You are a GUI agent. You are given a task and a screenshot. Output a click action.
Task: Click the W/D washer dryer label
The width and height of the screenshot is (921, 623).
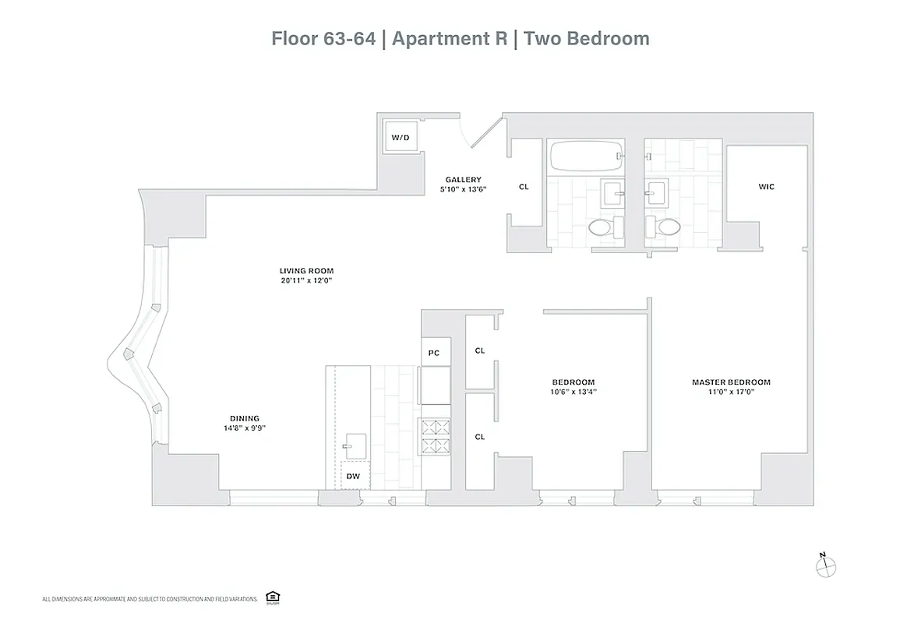pyautogui.click(x=400, y=138)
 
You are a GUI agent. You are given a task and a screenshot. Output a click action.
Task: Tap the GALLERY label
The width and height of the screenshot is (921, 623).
pyautogui.click(x=463, y=179)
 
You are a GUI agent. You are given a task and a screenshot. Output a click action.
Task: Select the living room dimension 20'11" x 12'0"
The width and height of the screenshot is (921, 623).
pyautogui.click(x=306, y=280)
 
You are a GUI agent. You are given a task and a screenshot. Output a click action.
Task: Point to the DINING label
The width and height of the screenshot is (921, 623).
pyautogui.click(x=244, y=418)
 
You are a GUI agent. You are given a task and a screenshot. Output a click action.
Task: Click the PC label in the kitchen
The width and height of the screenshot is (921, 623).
pyautogui.click(x=434, y=353)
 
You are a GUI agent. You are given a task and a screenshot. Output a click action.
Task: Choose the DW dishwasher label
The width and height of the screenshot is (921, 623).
pyautogui.click(x=352, y=475)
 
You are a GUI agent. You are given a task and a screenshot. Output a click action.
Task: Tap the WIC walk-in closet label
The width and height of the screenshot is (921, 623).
pyautogui.click(x=766, y=187)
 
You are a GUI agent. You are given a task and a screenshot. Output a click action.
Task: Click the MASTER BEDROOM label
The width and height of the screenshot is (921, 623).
pyautogui.click(x=731, y=382)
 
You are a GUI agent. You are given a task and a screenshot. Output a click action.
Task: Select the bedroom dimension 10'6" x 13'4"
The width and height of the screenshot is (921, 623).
pyautogui.click(x=573, y=392)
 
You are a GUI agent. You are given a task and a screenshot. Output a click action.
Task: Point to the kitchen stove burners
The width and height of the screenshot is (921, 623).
pyautogui.click(x=436, y=436)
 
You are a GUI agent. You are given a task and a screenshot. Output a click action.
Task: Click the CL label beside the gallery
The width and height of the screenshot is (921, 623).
pyautogui.click(x=524, y=187)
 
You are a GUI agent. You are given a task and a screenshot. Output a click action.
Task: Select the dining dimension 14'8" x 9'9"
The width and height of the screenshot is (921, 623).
pyautogui.click(x=244, y=428)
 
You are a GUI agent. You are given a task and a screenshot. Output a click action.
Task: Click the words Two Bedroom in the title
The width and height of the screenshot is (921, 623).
pyautogui.click(x=587, y=38)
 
